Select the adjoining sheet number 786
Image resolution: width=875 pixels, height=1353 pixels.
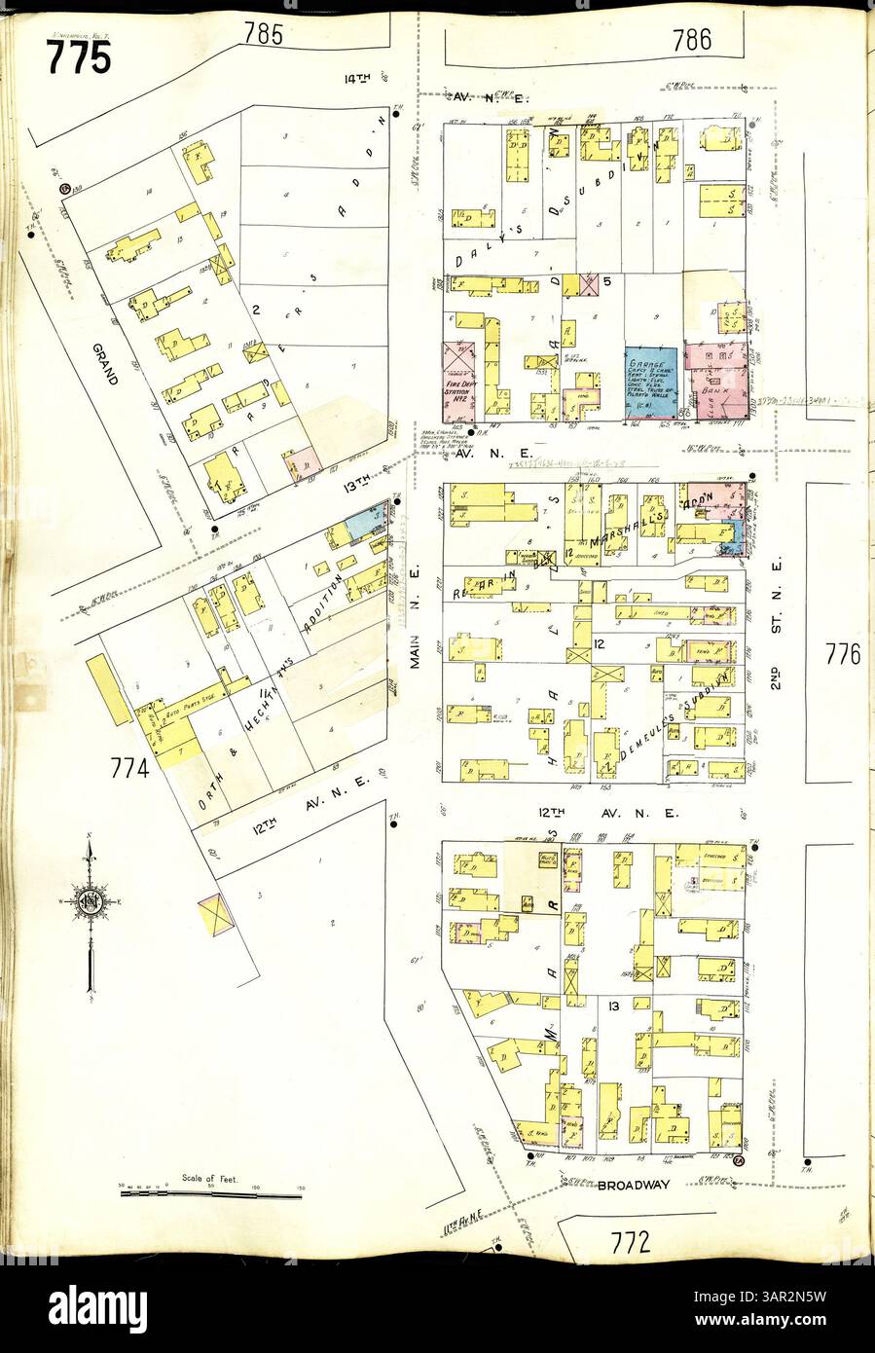(691, 38)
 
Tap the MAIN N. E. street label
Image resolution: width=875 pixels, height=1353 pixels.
(418, 647)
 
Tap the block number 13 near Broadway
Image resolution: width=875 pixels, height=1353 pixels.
(614, 1005)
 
